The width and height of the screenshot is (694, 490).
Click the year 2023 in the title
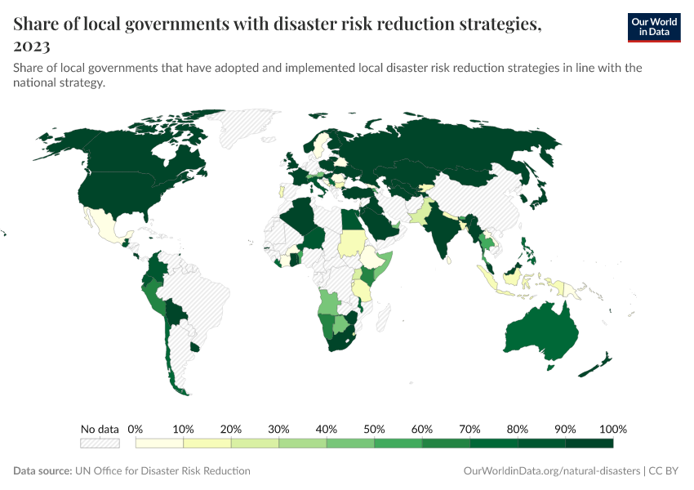[x=32, y=46]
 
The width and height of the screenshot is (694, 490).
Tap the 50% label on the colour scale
[x=374, y=429]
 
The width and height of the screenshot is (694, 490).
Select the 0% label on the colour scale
[x=136, y=429]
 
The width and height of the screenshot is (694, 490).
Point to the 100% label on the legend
[x=612, y=429]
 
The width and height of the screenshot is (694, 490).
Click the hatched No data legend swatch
[x=100, y=443]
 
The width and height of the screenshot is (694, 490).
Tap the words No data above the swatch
[x=100, y=429]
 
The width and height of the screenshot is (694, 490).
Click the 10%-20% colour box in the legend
[x=207, y=443]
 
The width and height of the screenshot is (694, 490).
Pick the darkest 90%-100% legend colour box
[x=589, y=443]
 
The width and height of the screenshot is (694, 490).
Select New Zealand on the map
[x=601, y=363]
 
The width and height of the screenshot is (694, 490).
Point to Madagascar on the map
[x=379, y=314]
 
